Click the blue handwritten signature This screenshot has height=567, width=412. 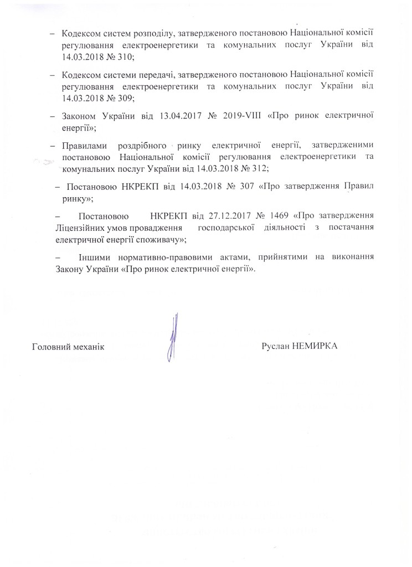tap(174, 337)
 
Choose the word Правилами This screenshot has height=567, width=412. tap(84, 146)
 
